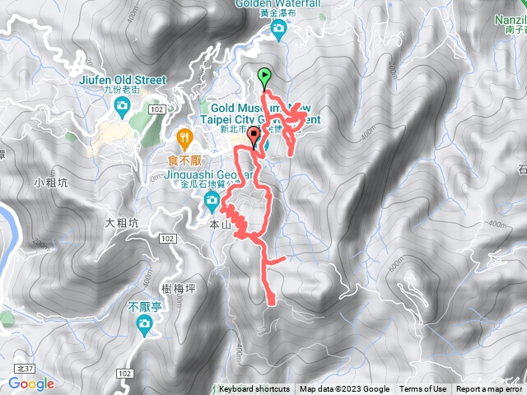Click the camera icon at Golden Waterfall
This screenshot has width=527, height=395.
278,30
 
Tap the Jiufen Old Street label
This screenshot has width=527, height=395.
124,80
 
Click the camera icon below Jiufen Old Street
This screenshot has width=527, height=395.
123,105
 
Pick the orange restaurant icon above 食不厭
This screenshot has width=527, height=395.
184,135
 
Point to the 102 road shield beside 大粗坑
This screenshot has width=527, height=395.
167,238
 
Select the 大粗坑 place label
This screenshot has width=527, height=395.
123,223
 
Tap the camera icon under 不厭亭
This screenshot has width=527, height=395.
144,325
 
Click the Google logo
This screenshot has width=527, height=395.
31,383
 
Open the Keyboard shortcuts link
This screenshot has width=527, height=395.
254,389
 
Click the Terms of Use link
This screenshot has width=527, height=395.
423,389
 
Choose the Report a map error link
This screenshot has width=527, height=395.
490,389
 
